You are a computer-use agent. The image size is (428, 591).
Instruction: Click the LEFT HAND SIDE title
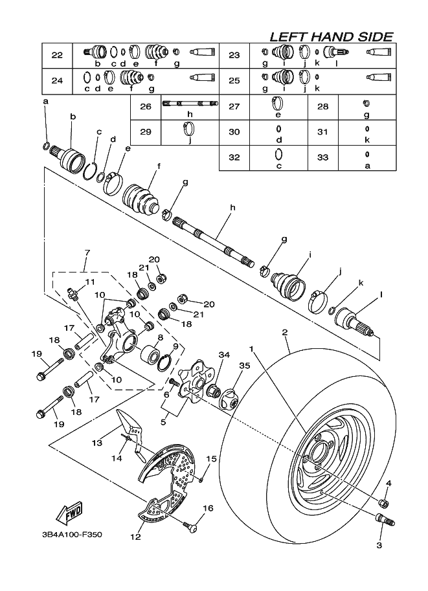pos(332,36)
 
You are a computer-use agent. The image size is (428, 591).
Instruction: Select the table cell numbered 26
pos(146,107)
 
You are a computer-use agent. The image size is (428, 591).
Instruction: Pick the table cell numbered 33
pos(323,157)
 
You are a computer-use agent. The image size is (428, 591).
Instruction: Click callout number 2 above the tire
pos(285,332)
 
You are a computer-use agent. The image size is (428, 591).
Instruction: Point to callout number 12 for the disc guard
pos(135,537)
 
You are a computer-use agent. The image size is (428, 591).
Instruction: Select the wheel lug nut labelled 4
pos(384,503)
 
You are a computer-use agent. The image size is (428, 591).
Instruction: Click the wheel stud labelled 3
pos(385,520)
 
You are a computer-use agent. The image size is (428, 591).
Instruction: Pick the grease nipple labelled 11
pos(72,293)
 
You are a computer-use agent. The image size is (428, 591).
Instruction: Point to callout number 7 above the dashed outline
pos(87,252)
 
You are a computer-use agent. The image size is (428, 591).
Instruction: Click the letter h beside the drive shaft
pos(232,207)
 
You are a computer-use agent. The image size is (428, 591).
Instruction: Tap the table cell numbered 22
pos(57,56)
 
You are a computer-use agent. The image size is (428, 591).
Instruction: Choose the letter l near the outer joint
pos(381,295)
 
